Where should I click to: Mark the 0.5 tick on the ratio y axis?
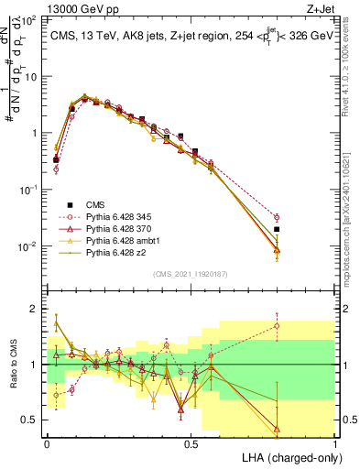31,420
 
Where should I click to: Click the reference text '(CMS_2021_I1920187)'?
190,274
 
